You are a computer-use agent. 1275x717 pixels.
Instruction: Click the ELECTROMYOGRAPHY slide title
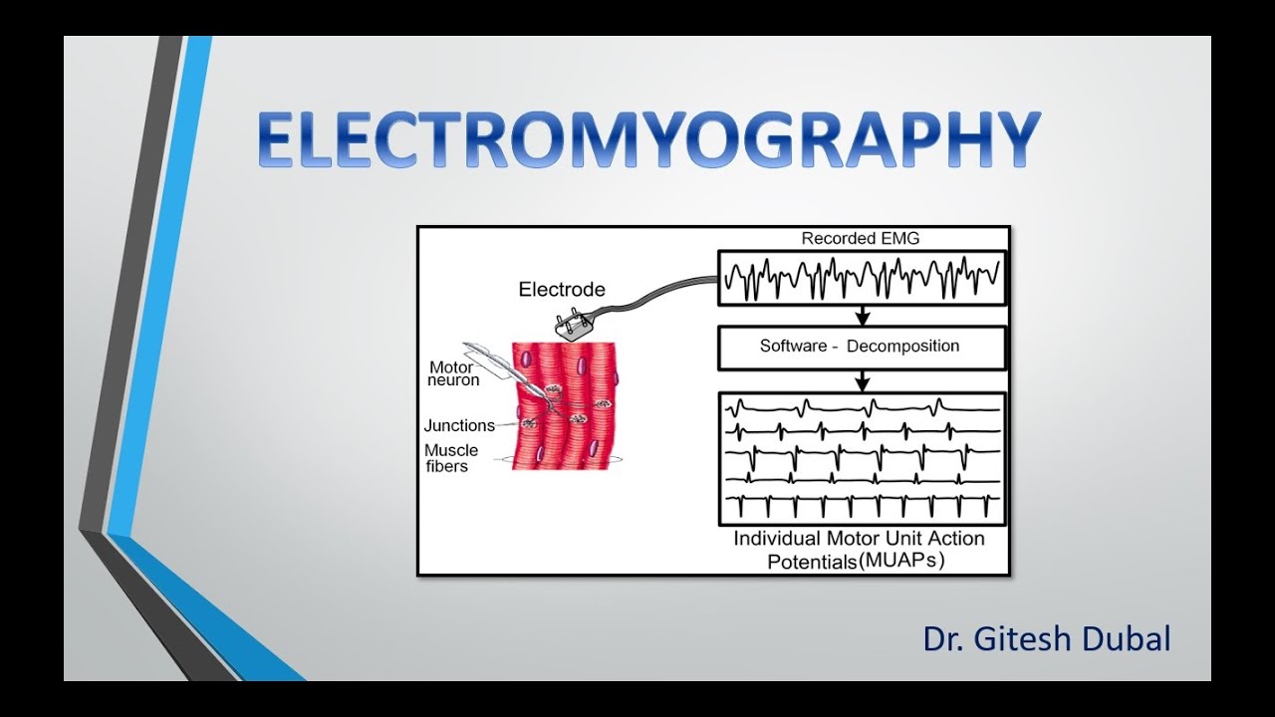648,139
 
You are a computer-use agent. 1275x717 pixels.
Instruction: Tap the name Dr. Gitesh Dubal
1046,638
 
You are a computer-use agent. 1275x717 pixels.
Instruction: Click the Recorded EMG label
861,239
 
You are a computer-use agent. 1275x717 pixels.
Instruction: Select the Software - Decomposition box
861,347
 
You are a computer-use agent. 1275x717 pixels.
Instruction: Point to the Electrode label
562,290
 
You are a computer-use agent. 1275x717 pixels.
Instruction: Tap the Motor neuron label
453,373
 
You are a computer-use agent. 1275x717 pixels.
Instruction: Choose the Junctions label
459,425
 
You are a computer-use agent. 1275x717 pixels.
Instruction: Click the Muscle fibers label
450,458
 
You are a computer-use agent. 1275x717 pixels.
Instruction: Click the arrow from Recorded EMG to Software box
863,315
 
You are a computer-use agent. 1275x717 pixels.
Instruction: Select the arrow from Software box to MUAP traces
863,380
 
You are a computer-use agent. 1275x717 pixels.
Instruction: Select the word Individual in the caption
777,539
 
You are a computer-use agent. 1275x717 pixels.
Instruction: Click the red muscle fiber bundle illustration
565,408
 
